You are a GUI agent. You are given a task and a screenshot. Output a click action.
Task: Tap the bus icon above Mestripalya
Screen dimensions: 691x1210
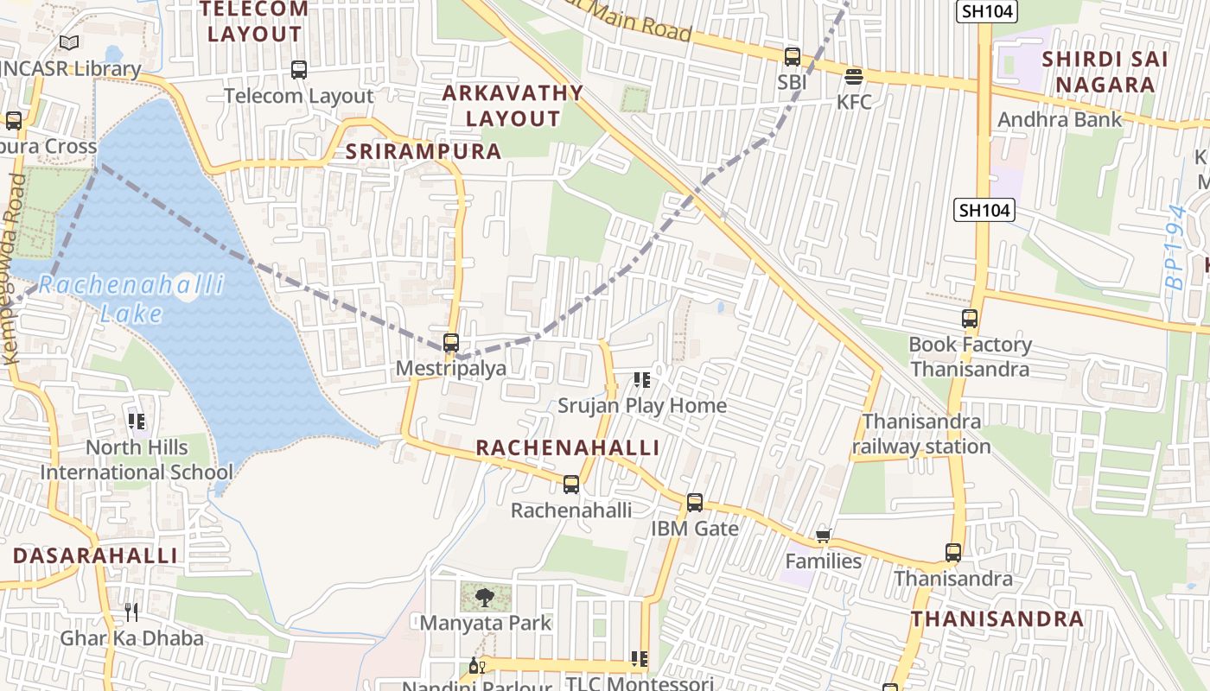pos(450,343)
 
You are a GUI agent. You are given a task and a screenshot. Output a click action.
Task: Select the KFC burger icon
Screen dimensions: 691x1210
pos(854,77)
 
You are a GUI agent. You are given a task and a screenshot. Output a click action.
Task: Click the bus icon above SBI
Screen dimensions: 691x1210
pos(792,57)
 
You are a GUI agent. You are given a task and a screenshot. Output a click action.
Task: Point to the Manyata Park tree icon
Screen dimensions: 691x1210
pos(485,597)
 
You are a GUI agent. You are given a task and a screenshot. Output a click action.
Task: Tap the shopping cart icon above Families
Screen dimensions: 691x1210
pos(823,536)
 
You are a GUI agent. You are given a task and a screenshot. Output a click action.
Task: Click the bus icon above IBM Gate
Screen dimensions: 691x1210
pos(694,503)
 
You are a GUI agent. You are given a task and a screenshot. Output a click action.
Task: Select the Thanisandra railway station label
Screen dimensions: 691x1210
pos(921,434)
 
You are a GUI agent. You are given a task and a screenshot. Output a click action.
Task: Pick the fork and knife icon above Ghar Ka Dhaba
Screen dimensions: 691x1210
pos(131,612)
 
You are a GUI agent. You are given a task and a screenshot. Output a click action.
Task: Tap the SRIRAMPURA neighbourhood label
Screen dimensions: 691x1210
pos(423,151)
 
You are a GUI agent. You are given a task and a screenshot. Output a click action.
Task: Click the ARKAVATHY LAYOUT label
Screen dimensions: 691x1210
pos(513,105)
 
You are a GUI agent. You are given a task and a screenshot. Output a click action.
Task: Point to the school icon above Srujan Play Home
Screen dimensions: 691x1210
pos(641,380)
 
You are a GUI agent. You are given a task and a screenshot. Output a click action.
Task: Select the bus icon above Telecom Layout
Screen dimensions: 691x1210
pos(299,70)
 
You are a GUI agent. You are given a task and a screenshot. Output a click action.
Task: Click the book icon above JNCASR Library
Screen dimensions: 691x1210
pos(69,42)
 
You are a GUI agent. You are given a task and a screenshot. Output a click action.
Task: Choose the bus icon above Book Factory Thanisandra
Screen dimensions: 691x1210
pos(970,319)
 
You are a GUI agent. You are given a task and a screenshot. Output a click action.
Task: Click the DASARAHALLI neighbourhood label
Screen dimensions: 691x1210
pos(95,555)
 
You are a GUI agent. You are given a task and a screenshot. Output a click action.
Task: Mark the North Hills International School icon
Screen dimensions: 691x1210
pos(136,422)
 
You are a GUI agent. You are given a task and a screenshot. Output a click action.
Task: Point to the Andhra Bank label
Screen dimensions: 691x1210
pos(1060,119)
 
